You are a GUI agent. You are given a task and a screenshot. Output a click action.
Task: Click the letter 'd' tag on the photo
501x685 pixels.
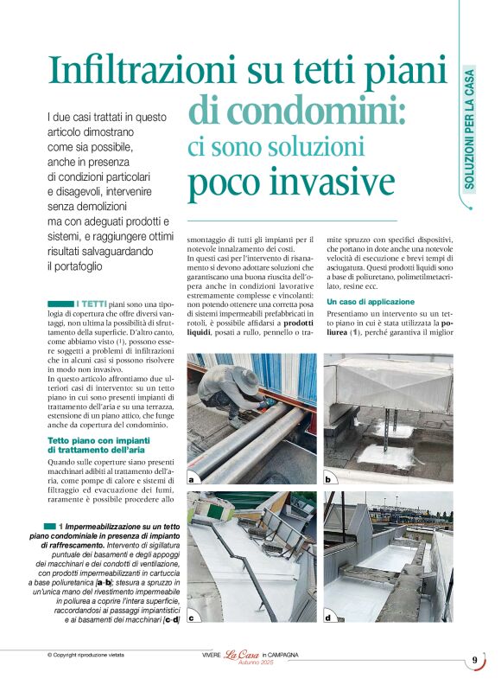click(x=328, y=617)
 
